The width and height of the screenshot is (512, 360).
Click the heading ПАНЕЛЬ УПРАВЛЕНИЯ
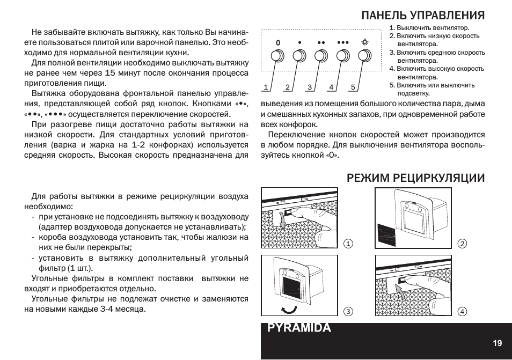[x=423, y=16]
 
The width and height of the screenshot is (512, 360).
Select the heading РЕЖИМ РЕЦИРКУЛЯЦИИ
[x=416, y=178]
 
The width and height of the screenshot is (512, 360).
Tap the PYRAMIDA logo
[x=299, y=327]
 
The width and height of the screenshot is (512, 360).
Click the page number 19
[x=498, y=343]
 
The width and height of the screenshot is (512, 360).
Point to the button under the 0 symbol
[x=277, y=56]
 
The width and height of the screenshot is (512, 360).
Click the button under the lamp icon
[x=365, y=56]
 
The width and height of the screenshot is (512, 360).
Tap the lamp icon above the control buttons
[x=365, y=42]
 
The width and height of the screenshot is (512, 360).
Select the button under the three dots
[x=343, y=56]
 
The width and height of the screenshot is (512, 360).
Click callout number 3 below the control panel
[x=310, y=87]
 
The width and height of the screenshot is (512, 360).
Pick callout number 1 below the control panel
[x=266, y=87]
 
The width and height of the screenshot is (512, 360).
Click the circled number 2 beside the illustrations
[x=462, y=244]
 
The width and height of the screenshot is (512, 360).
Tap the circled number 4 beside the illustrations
[x=462, y=311]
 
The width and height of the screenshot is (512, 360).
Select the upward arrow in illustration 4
[x=401, y=291]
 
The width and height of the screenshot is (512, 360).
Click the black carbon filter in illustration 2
[x=386, y=234]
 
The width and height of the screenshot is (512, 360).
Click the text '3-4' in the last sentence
[x=107, y=309]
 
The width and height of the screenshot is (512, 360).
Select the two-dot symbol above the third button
[x=321, y=43]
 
